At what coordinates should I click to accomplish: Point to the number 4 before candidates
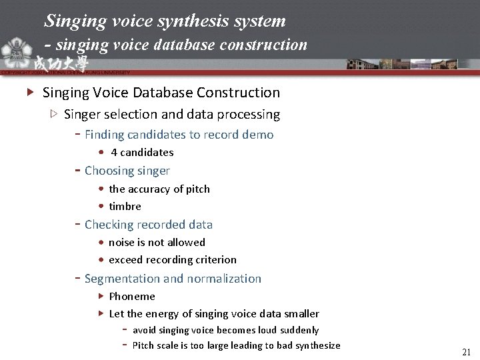(x=114, y=152)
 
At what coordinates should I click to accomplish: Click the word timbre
(x=125, y=206)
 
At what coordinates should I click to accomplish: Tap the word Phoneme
(x=132, y=296)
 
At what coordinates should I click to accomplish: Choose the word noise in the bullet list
(x=122, y=242)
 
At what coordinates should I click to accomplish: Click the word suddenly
(x=299, y=330)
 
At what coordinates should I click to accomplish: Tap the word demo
(x=259, y=135)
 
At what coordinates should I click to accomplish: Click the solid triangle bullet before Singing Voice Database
(x=30, y=93)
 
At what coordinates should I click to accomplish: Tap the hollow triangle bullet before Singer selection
(x=54, y=114)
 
